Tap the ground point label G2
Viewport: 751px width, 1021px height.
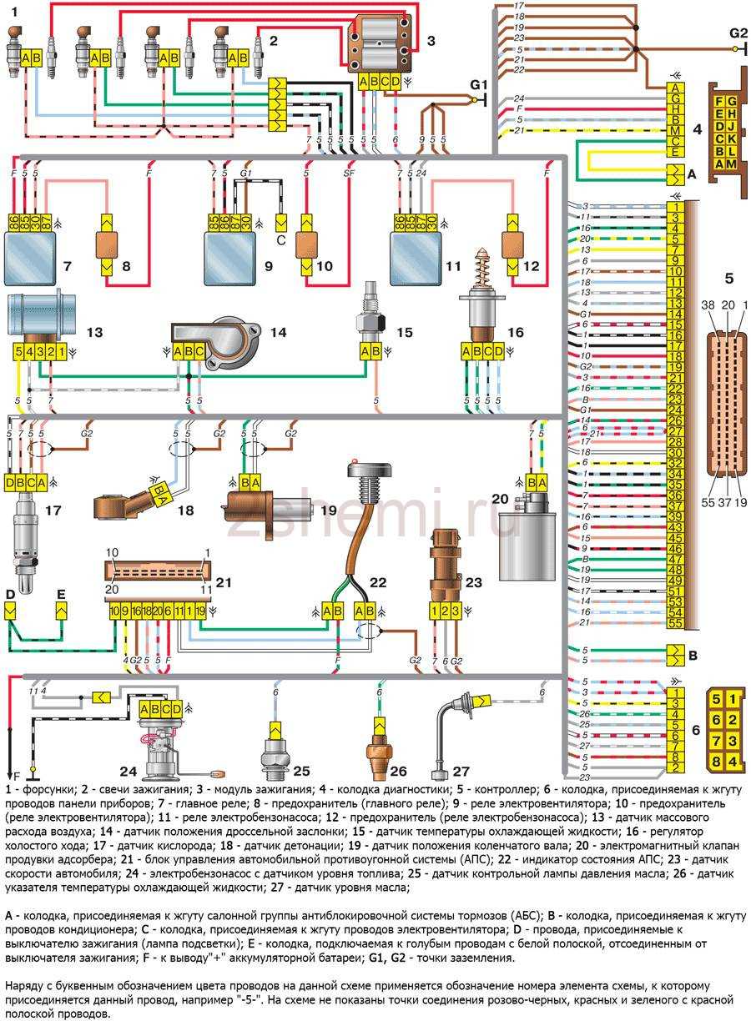pos(738,34)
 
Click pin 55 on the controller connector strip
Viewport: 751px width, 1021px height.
pos(675,623)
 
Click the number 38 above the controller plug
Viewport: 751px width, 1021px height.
pos(708,306)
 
